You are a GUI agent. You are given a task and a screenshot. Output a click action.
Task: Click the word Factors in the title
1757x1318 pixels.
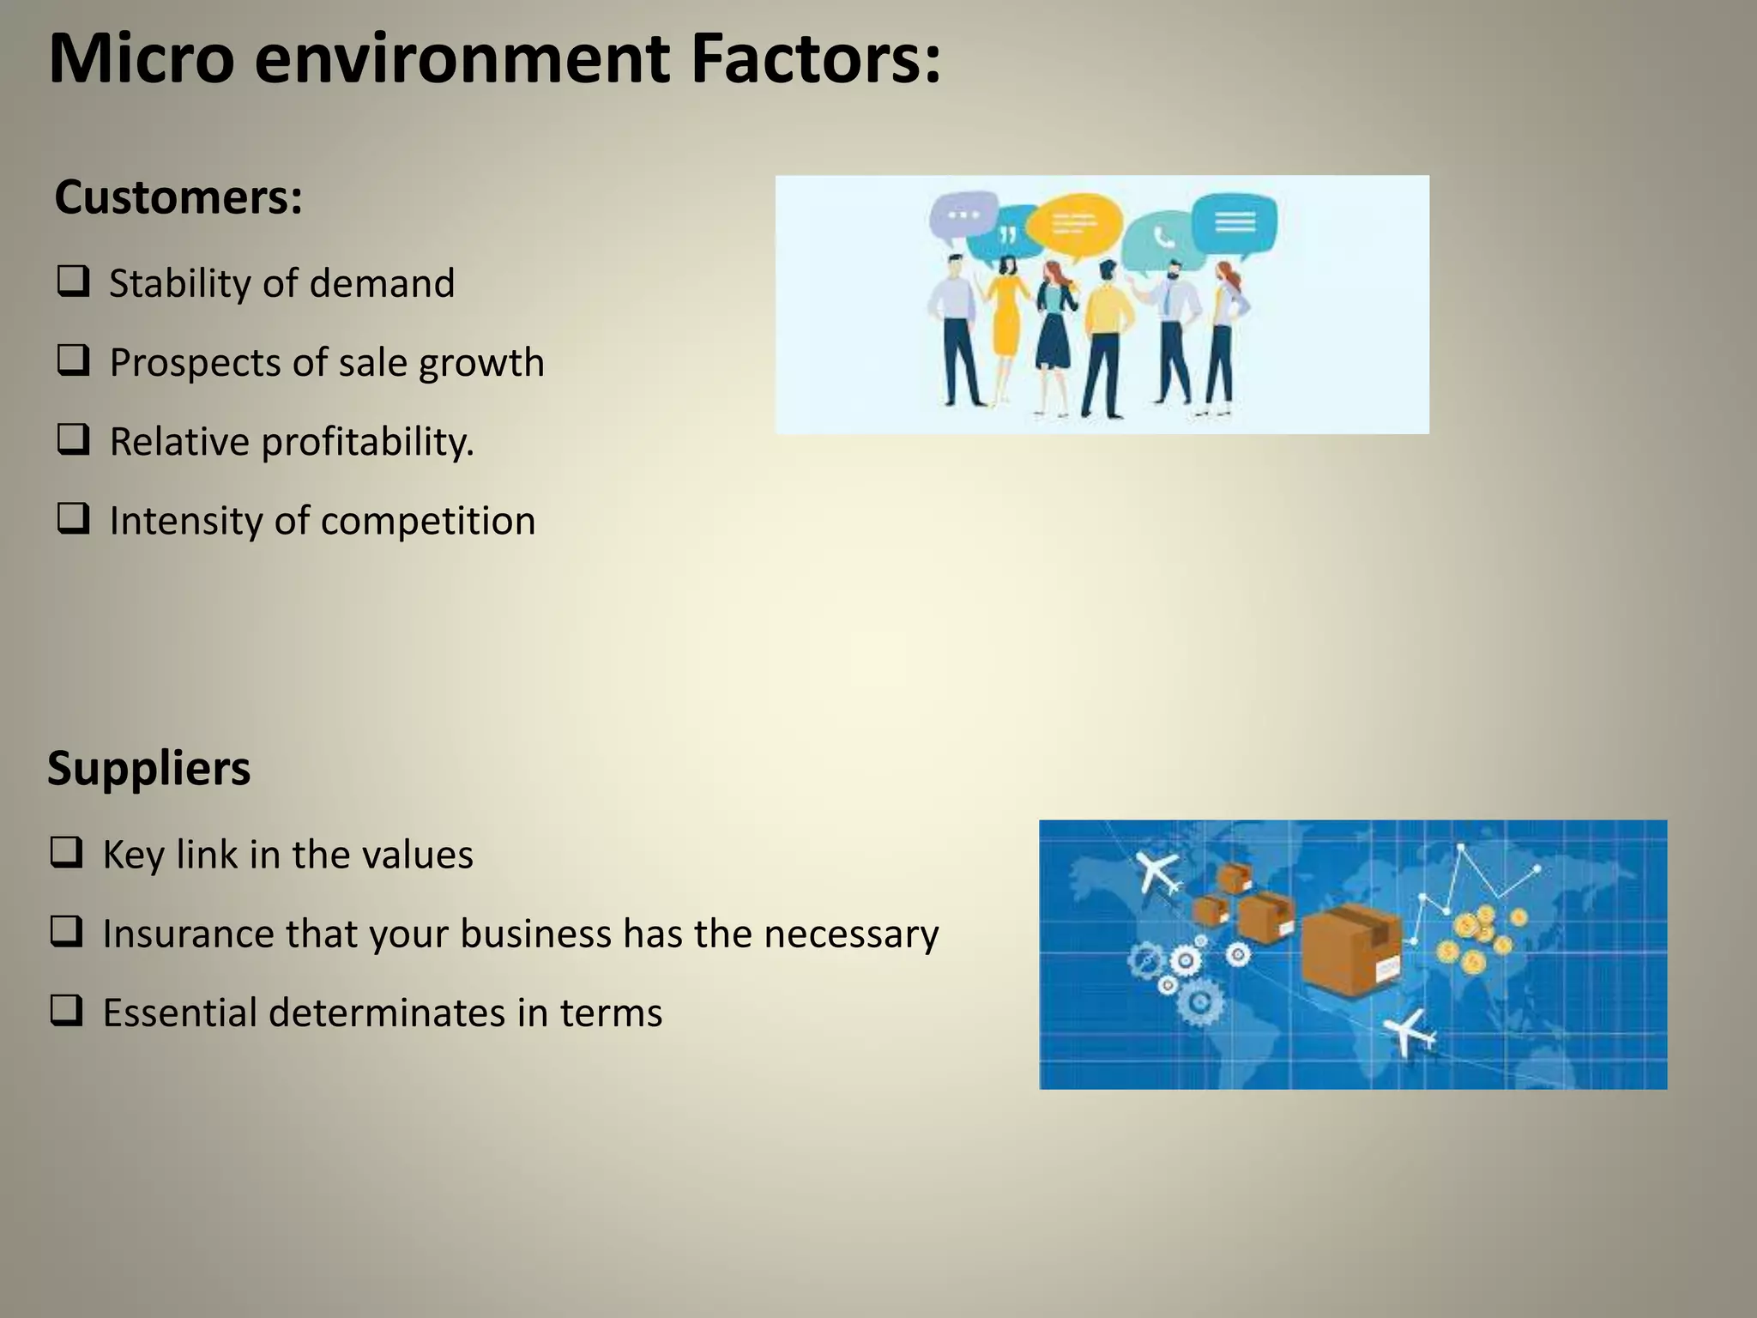point(815,60)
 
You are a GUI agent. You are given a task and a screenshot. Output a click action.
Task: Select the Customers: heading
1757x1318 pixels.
point(178,197)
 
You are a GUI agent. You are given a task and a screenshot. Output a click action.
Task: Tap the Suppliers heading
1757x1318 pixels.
point(148,768)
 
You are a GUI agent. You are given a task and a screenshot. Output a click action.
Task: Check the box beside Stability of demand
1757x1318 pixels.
point(73,281)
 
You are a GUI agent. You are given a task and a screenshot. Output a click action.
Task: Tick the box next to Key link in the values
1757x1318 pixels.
point(66,852)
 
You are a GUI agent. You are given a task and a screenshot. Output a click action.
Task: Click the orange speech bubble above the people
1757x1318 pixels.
point(1074,225)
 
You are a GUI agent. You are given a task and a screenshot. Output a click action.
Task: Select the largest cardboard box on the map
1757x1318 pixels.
point(1351,948)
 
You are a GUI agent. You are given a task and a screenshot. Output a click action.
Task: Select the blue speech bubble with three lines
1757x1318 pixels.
point(1234,223)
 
